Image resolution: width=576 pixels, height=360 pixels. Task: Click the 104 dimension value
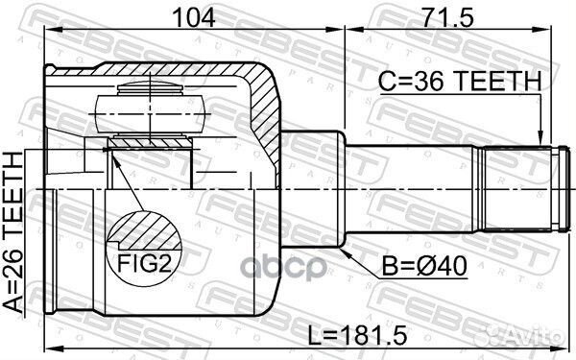(194, 18)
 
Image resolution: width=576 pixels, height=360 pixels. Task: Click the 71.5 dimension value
(447, 18)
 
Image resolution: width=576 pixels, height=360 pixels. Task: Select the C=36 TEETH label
(460, 82)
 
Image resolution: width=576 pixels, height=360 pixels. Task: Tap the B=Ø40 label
(424, 266)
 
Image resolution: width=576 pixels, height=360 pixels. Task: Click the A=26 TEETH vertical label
(13, 233)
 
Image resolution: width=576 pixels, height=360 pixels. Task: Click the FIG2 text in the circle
(144, 263)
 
